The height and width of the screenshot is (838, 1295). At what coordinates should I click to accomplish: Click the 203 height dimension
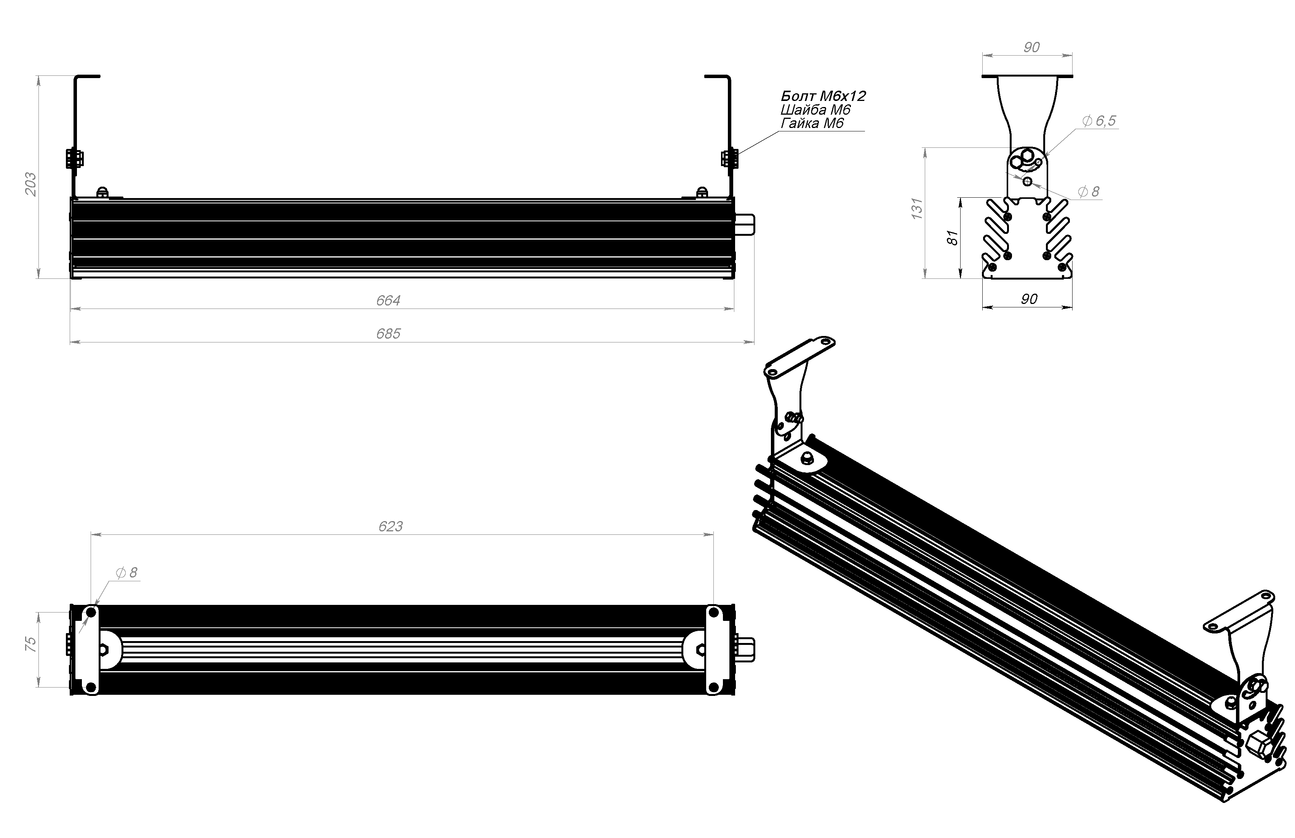coord(31,184)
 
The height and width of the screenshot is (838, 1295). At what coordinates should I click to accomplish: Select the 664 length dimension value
coord(388,301)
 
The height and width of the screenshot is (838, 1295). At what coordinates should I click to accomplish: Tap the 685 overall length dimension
coord(388,334)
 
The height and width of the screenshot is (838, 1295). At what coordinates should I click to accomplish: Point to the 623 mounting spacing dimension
coord(390,526)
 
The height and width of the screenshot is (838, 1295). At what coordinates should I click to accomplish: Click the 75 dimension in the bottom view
coord(31,644)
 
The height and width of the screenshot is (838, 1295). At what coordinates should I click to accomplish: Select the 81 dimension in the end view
coord(952,237)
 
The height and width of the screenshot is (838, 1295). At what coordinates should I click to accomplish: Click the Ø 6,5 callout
coord(1099,121)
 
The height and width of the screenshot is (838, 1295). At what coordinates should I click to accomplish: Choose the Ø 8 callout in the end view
coord(1088,192)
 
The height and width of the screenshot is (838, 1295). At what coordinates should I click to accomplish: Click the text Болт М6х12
coord(823,96)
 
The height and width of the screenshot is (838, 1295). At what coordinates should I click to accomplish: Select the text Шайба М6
coord(815,110)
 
